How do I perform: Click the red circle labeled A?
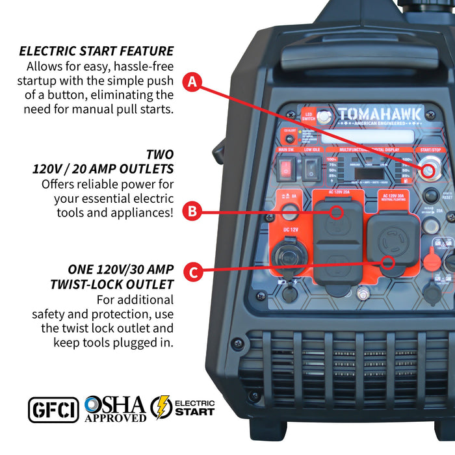click(x=192, y=83)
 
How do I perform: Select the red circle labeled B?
click(x=192, y=211)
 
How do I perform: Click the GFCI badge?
click(x=53, y=409)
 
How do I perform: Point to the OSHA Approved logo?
click(x=115, y=409)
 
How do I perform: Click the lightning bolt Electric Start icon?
click(x=161, y=408)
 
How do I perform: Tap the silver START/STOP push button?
click(x=427, y=172)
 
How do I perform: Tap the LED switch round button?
click(x=324, y=117)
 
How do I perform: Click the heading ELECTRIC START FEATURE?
click(x=96, y=51)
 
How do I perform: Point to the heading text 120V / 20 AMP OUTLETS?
click(x=103, y=169)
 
